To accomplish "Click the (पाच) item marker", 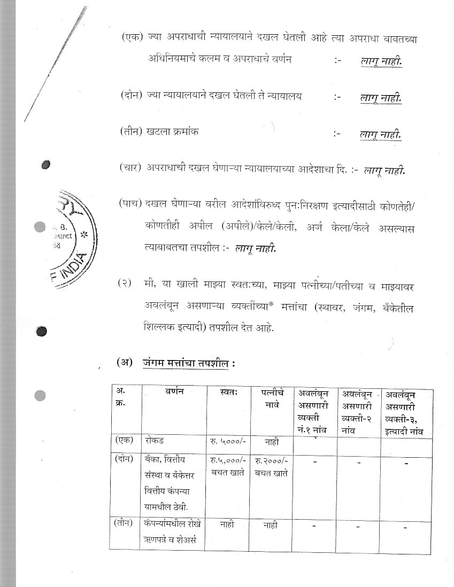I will (x=130, y=204).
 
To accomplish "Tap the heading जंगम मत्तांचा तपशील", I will (x=189, y=363).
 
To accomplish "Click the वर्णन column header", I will (x=174, y=392).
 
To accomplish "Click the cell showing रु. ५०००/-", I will (x=228, y=442).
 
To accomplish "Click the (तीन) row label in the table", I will (x=126, y=524).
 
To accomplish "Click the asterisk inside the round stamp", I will (x=83, y=234).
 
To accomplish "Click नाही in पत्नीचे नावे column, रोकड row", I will (x=271, y=442).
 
